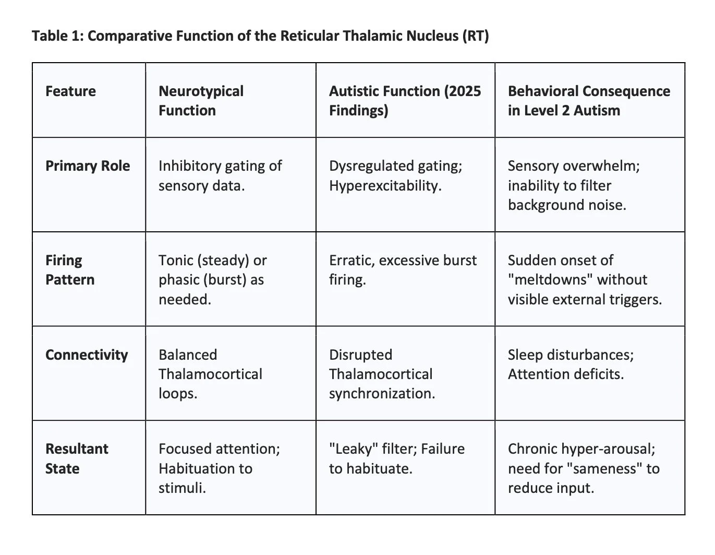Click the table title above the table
(260, 37)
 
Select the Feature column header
(70, 91)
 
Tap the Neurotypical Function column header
(201, 101)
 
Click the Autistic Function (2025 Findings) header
(405, 101)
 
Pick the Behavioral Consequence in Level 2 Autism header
(589, 101)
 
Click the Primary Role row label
(88, 166)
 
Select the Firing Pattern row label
(70, 270)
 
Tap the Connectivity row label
(87, 355)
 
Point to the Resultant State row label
(77, 458)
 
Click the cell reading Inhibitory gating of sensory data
(220, 175)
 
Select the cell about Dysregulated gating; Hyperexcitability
(396, 175)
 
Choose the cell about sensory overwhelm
(574, 185)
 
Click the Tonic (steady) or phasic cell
(212, 280)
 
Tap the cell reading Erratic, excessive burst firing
(403, 269)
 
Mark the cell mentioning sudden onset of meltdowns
(585, 280)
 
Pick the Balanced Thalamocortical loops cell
(210, 374)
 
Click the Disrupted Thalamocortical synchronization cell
(382, 374)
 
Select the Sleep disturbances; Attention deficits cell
(571, 364)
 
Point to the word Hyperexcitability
(385, 186)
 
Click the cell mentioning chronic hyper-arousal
(584, 468)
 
